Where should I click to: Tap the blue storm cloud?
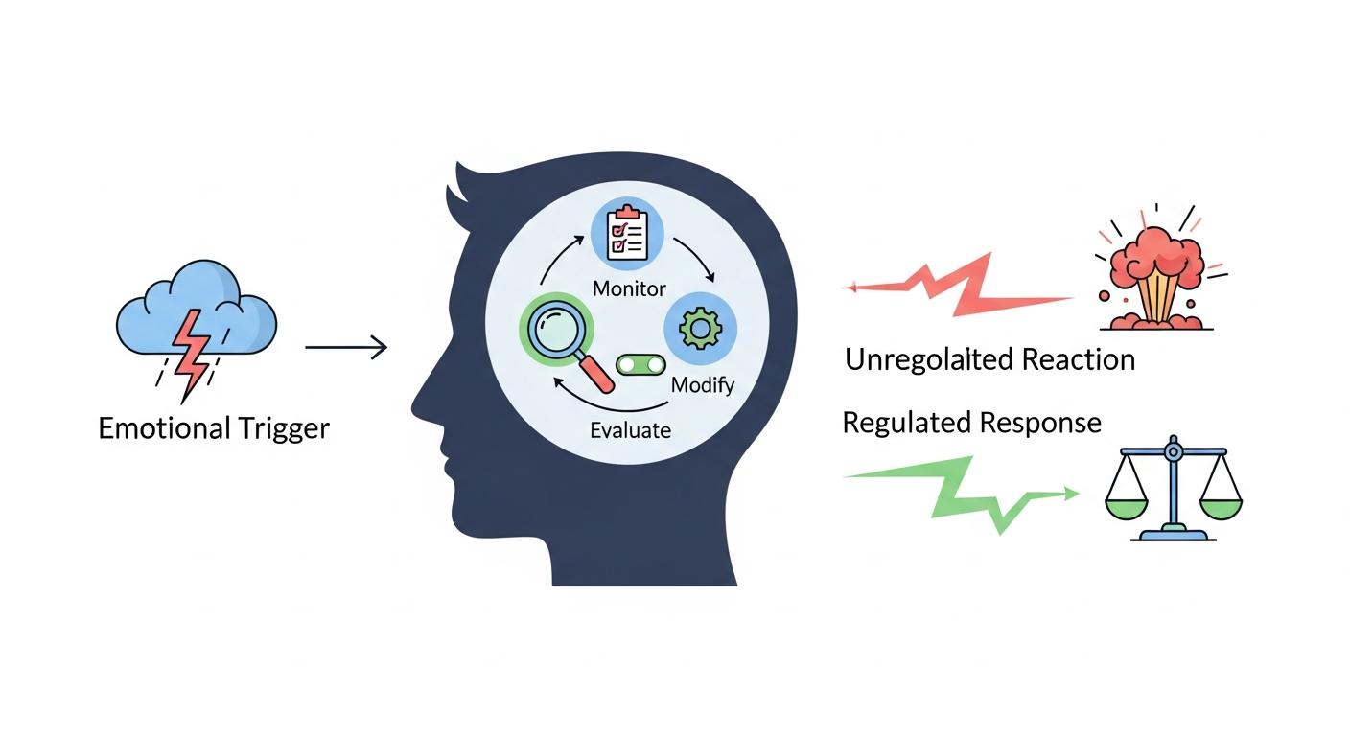tap(197, 307)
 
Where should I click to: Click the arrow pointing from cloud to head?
tap(345, 348)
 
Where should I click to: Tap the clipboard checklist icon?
tap(628, 232)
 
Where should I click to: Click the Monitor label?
tap(629, 287)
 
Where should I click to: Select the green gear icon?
tap(700, 329)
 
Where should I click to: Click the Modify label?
tap(702, 385)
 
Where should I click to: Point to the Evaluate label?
tap(630, 429)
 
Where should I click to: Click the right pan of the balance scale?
tap(1217, 505)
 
